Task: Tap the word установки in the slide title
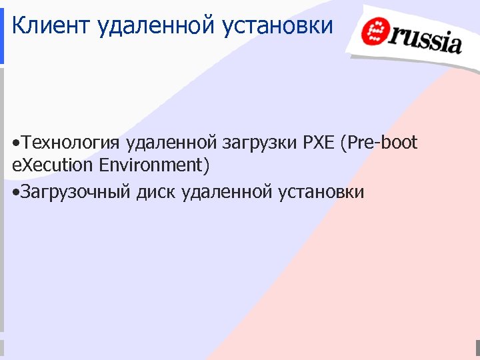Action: pyautogui.click(x=280, y=26)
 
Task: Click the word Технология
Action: pyautogui.click(x=70, y=143)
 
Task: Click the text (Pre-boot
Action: pyautogui.click(x=379, y=143)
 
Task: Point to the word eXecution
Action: pyautogui.click(x=51, y=164)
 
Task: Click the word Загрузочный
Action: pyautogui.click(x=76, y=193)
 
